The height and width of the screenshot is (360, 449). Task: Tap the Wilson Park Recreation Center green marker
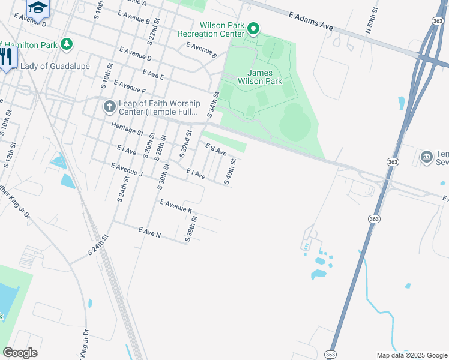tap(253, 28)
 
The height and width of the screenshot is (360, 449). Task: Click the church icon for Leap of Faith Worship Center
tap(109, 106)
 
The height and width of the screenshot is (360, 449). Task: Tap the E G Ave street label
tap(216, 149)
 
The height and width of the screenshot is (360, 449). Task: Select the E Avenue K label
tap(176, 207)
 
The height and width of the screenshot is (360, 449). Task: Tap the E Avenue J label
tap(127, 169)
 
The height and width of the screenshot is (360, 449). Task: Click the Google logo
tap(20, 352)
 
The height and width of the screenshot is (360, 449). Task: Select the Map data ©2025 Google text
tap(411, 355)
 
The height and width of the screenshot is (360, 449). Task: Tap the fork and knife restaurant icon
tap(7, 56)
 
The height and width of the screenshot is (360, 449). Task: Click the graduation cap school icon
tap(37, 7)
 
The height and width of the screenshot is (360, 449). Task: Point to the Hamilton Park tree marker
tap(67, 44)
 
